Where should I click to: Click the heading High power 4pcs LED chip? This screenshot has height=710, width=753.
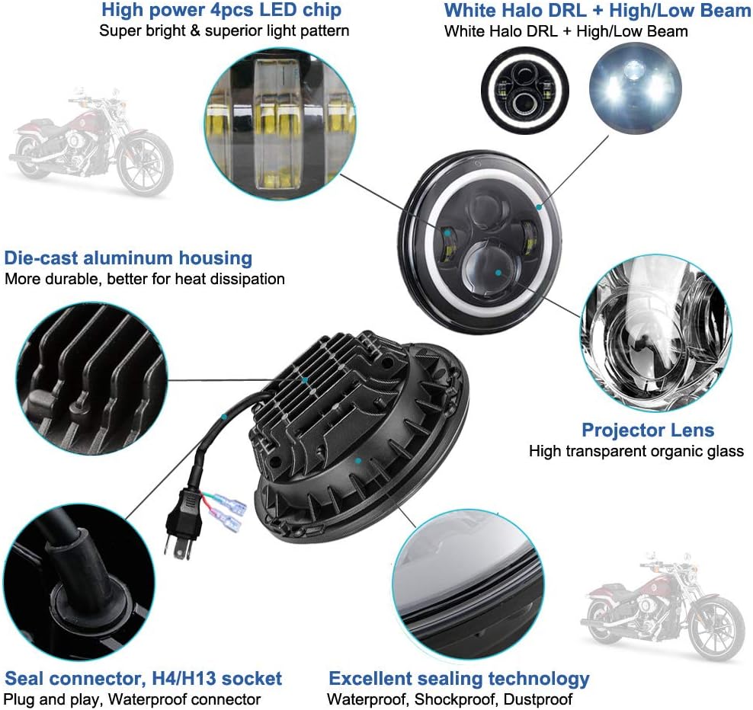[x=221, y=11]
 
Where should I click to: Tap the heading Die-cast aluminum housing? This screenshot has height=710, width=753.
[x=128, y=257]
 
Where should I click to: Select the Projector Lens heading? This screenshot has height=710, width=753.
[x=648, y=430]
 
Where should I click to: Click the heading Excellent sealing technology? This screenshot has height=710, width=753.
[x=459, y=679]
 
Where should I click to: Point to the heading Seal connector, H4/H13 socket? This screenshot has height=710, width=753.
[x=143, y=679]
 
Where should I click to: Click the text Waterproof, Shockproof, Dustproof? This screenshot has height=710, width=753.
[x=450, y=699]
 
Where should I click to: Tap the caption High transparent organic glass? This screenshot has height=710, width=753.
[x=636, y=451]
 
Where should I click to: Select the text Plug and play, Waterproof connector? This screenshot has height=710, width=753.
[x=132, y=699]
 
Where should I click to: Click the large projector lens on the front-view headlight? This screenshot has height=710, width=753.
[x=495, y=270]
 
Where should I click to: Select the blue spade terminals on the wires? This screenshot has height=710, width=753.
[x=229, y=515]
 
